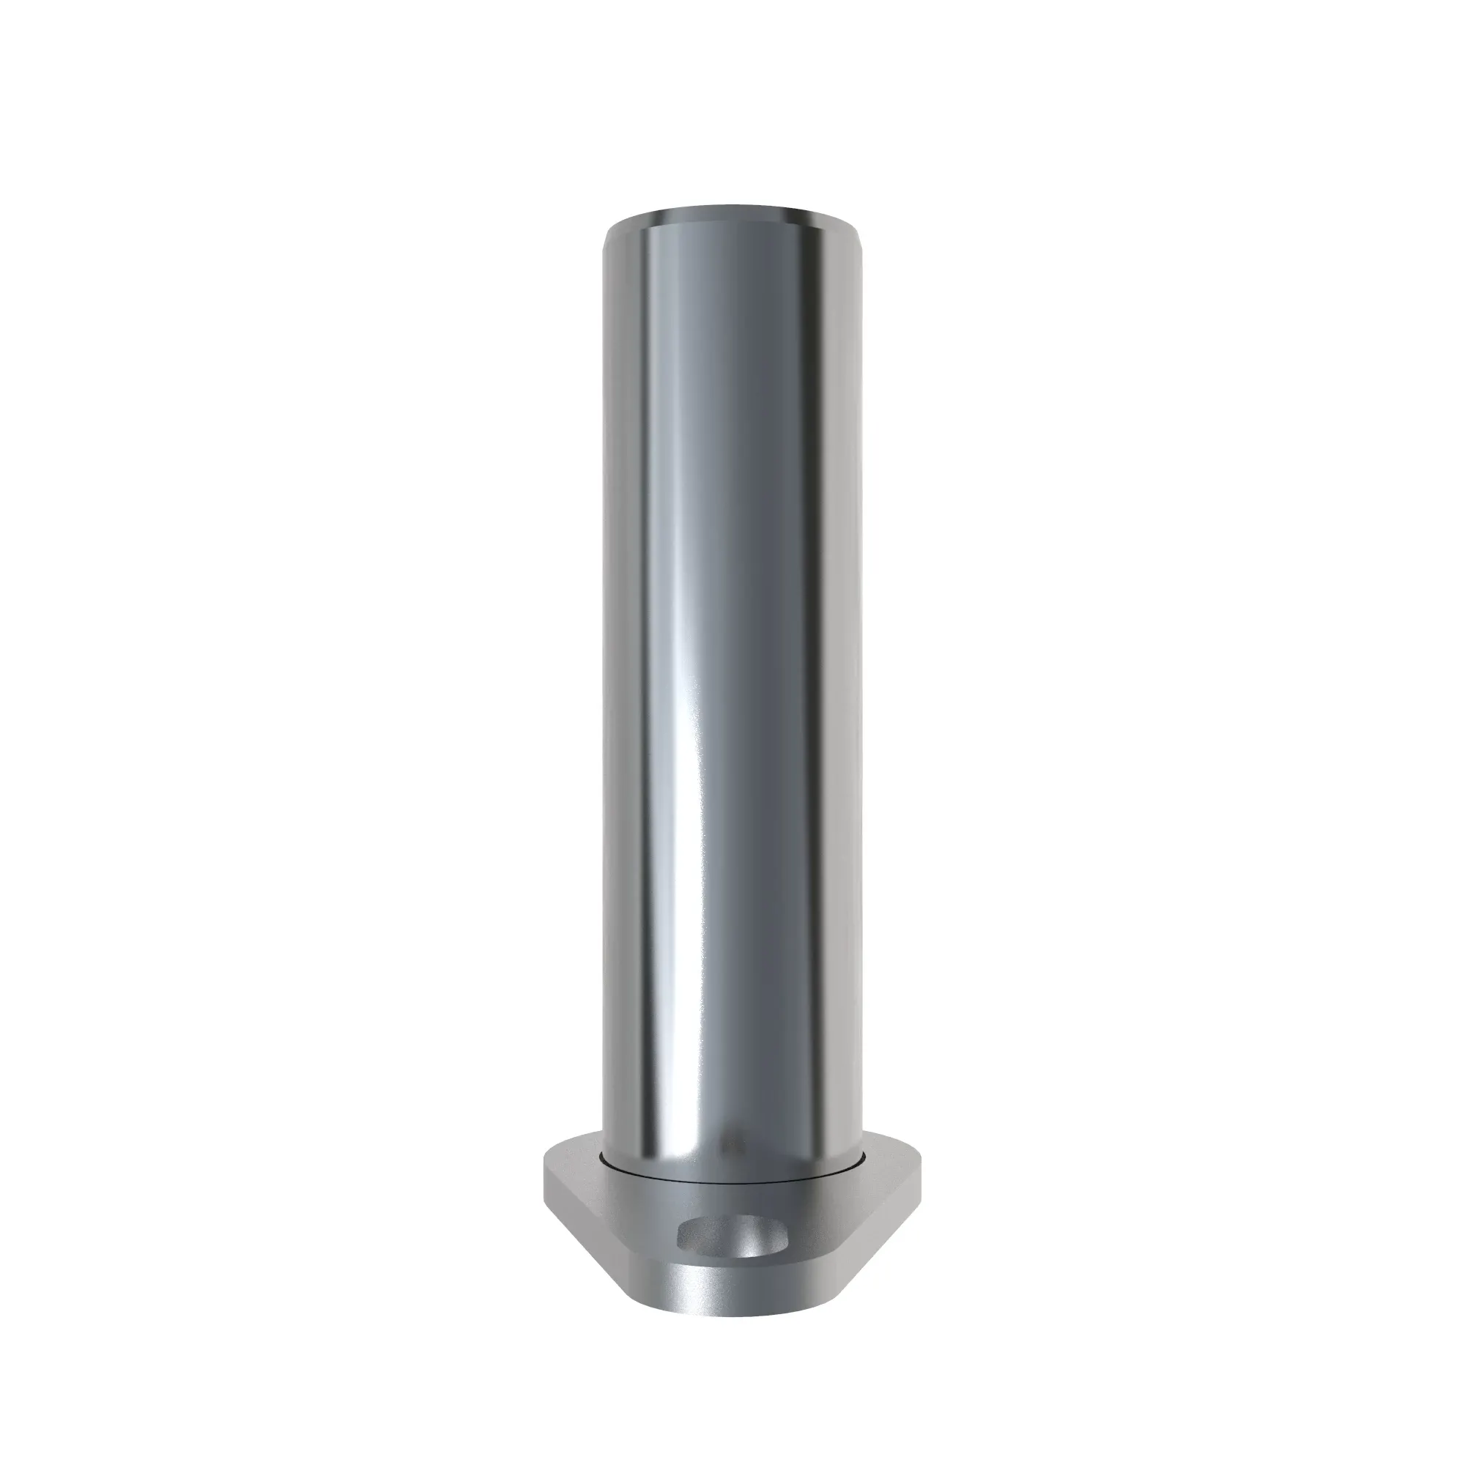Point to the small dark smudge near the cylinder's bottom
click(x=731, y=1147)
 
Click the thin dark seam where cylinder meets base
click(x=732, y=1183)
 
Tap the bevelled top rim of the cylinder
click(x=732, y=212)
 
